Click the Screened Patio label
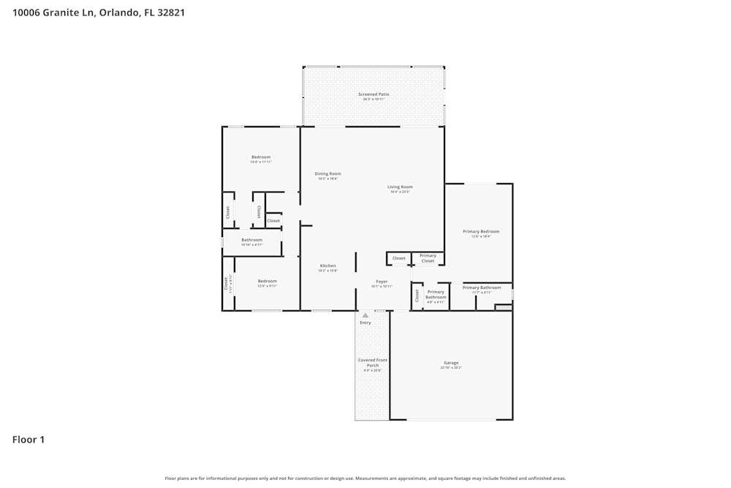(374, 94)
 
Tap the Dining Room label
(327, 173)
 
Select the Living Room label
(400, 187)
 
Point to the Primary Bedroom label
(480, 231)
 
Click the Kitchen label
(327, 266)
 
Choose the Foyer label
(382, 282)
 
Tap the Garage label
(450, 363)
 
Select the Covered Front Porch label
(372, 362)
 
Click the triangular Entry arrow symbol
(365, 315)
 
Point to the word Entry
(365, 323)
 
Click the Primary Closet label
(428, 258)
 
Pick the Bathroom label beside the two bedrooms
(251, 240)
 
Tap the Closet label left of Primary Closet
(398, 258)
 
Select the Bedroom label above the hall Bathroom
(261, 157)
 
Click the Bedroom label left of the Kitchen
(267, 281)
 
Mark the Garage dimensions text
(450, 368)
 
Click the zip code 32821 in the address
(169, 12)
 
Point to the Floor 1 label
(29, 440)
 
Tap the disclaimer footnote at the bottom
(365, 478)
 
